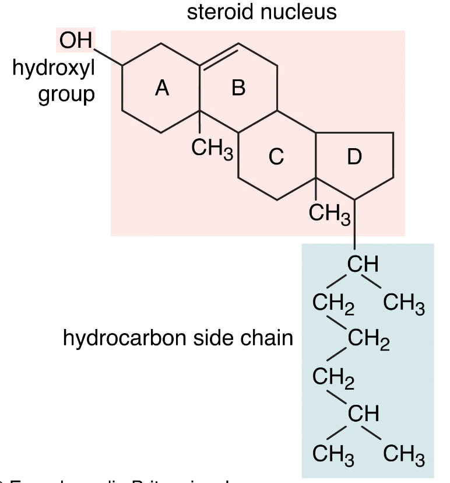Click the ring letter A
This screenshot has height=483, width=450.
[x=162, y=88]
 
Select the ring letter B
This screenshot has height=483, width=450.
[x=238, y=88]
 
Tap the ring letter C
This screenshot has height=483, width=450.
[x=276, y=156]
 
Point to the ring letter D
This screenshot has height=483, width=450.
[x=354, y=156]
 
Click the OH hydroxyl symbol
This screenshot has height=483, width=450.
[x=76, y=42]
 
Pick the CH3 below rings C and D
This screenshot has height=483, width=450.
[x=329, y=213]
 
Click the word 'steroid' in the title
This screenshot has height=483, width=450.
[x=222, y=12]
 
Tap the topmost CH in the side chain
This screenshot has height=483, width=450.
[x=363, y=264]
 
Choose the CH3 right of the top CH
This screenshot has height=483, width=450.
[x=404, y=304]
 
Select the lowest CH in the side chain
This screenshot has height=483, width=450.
[x=363, y=414]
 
